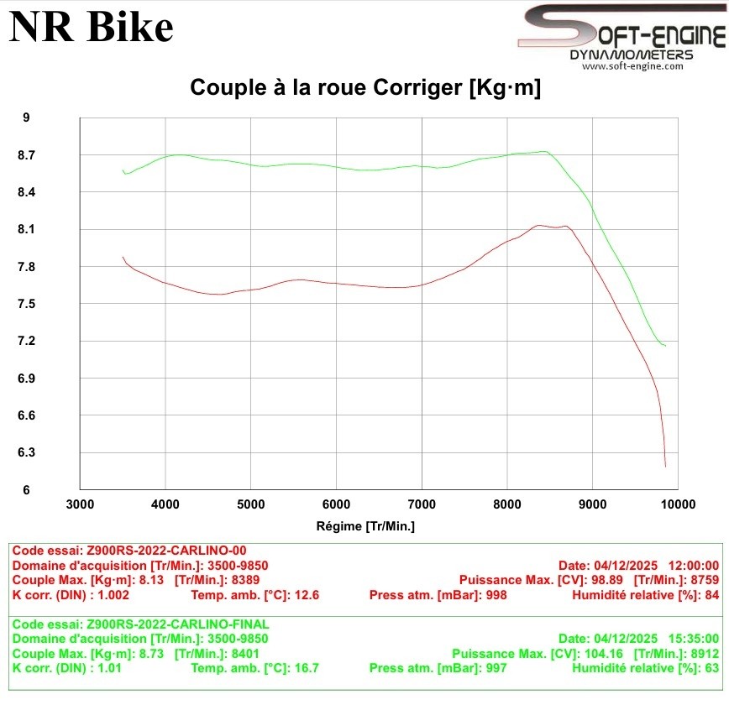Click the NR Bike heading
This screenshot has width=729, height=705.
point(91,27)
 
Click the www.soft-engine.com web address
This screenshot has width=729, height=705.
point(632,66)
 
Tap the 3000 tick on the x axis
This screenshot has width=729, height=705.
point(80,504)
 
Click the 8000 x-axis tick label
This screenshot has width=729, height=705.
point(506,504)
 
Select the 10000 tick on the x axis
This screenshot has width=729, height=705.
point(677,504)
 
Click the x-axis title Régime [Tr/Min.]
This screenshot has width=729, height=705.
point(365,526)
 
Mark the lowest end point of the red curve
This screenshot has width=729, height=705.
point(665,466)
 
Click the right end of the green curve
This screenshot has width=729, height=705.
point(665,346)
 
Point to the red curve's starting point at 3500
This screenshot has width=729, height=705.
point(123,257)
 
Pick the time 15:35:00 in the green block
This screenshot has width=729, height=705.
point(693,639)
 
